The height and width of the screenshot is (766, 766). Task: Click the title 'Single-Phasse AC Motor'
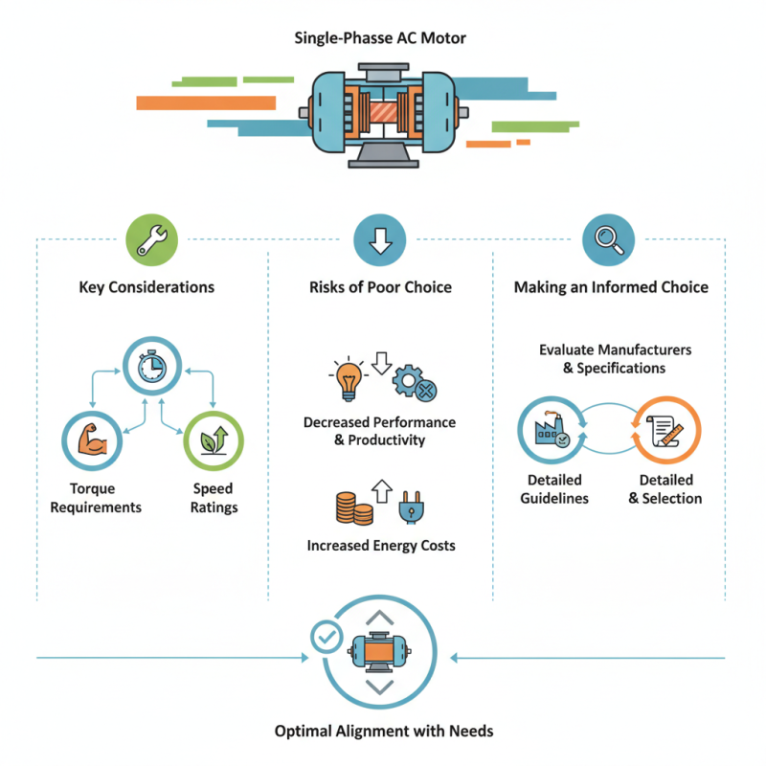tap(381, 39)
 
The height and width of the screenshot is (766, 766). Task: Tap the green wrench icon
tap(151, 239)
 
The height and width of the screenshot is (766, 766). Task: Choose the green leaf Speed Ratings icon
tap(214, 439)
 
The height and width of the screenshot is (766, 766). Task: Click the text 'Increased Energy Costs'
tap(381, 546)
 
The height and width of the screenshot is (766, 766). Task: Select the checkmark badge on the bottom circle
tap(327, 635)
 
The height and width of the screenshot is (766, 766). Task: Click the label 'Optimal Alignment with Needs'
tap(383, 731)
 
